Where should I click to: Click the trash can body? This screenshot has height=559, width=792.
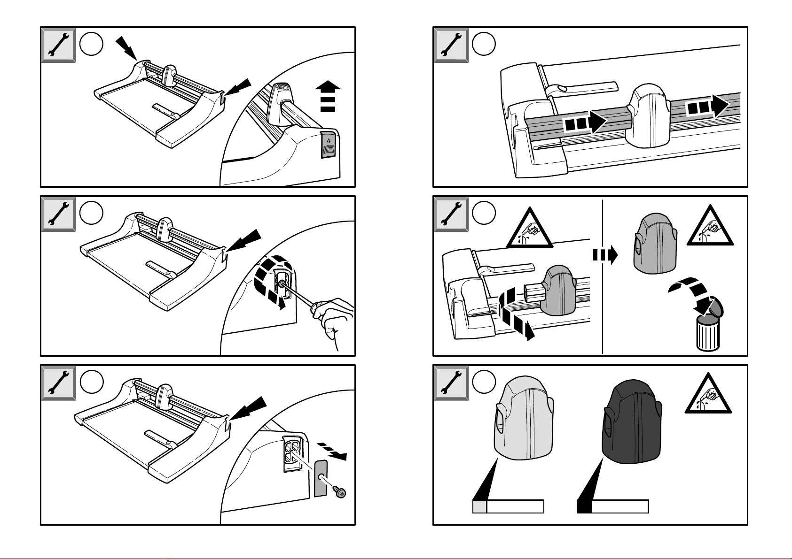point(707,334)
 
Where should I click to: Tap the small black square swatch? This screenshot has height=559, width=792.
point(584,506)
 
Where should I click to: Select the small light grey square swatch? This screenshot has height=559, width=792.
point(479,506)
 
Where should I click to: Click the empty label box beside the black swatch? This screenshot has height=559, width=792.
point(620,506)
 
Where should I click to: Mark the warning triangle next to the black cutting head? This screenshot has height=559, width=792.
point(707,396)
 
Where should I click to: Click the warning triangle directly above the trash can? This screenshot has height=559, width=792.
point(710,228)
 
